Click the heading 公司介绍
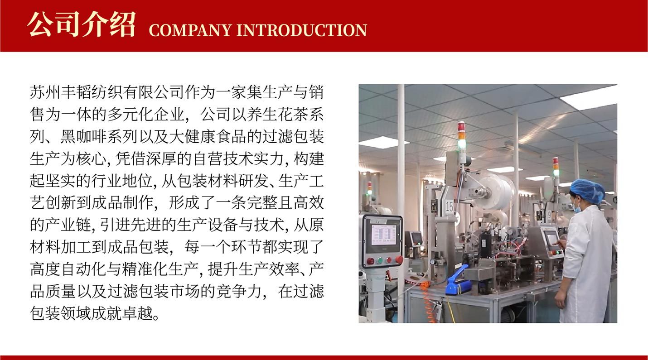[81, 24]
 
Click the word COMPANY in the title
[190, 30]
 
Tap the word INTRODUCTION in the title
[302, 30]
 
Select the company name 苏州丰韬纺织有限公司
[107, 92]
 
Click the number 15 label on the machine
[449, 206]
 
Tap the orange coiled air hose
[428, 301]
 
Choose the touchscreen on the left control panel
[384, 235]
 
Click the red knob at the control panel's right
[399, 259]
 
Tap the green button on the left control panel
[380, 260]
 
